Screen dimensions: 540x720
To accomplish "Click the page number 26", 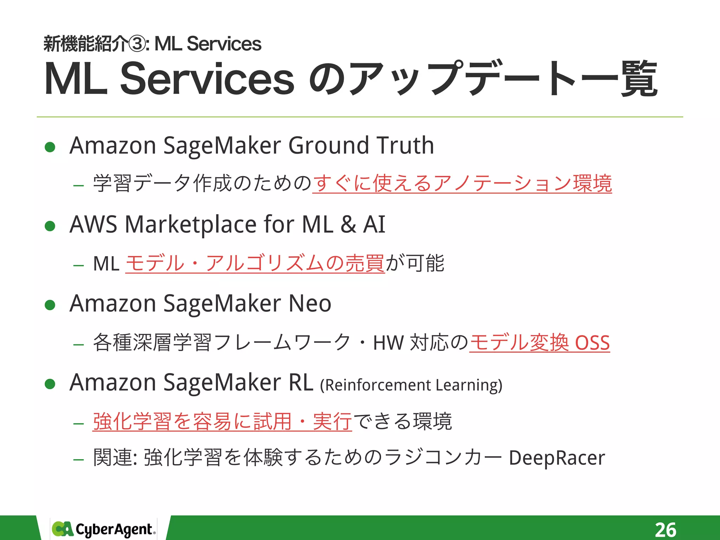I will click(x=665, y=529).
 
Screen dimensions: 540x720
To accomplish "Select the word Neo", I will click(x=310, y=303).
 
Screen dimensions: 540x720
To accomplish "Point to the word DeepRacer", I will click(x=557, y=458).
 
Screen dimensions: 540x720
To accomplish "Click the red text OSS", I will click(x=592, y=343).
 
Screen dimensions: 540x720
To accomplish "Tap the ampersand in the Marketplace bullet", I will click(x=348, y=224).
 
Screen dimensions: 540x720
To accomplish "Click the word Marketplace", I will click(x=191, y=224).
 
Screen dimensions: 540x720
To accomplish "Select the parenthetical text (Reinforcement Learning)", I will click(x=411, y=385).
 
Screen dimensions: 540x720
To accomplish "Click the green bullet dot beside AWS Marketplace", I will click(x=50, y=226).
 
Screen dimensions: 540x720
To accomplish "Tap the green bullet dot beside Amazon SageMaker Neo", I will click(x=50, y=305).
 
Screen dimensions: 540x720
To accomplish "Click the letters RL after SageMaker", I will click(x=301, y=382).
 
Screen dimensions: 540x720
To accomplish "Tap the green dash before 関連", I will click(x=78, y=459).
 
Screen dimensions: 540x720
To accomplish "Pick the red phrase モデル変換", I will click(x=519, y=343).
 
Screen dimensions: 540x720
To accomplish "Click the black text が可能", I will click(x=415, y=263).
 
